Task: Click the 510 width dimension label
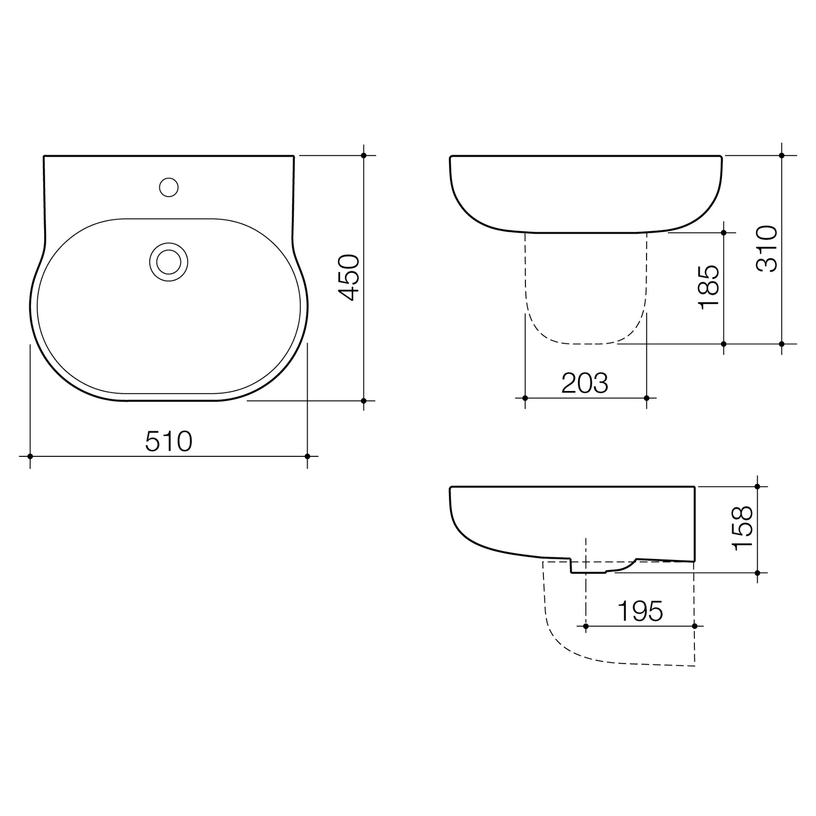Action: (168, 442)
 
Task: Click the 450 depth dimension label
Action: (349, 277)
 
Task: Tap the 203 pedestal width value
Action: (584, 383)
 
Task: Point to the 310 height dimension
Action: (767, 249)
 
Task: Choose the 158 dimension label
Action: (743, 529)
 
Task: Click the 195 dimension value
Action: (640, 611)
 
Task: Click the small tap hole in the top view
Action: (169, 187)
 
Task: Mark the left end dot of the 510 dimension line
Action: (30, 456)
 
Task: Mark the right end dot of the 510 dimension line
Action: (308, 456)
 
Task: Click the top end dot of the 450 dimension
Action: (364, 156)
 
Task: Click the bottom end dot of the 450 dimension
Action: (364, 401)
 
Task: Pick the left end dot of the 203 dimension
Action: (525, 398)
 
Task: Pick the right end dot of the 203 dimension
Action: (647, 398)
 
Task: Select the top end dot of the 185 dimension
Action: (724, 233)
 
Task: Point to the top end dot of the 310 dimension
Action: (781, 156)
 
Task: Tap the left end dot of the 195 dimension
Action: (585, 626)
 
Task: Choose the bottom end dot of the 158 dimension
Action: (758, 573)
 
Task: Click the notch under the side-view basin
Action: (590, 569)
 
